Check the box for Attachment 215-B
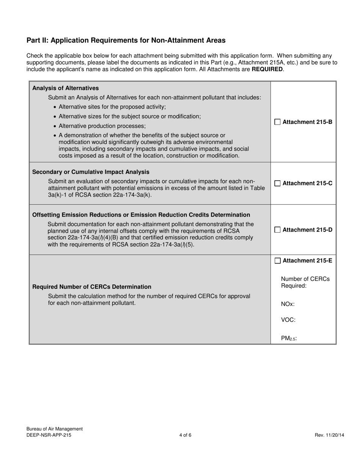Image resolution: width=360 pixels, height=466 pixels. tap(277, 122)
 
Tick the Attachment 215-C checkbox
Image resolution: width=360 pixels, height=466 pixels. tap(277, 183)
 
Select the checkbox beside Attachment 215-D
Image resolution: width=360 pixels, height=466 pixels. tap(277, 230)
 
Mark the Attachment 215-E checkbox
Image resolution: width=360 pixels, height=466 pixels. tap(277, 261)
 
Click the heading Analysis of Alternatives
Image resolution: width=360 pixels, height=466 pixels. tap(66, 88)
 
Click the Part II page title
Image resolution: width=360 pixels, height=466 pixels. tap(126, 40)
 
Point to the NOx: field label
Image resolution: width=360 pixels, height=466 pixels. tap(288, 304)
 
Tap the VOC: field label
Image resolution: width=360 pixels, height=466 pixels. tap(288, 319)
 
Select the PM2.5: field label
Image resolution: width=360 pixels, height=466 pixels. tap(289, 338)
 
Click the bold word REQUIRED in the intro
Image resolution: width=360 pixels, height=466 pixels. tap(267, 69)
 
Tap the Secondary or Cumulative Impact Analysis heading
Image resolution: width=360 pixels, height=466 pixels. tap(91, 172)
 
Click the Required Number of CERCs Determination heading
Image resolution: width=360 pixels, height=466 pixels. tap(92, 287)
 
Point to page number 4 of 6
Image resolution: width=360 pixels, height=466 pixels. tap(185, 435)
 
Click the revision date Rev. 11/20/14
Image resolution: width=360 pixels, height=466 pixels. tap(329, 435)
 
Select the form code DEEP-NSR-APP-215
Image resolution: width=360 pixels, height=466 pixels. tap(49, 435)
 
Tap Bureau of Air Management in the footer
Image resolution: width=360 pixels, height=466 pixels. tap(55, 429)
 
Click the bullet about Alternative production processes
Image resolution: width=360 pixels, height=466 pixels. tap(102, 126)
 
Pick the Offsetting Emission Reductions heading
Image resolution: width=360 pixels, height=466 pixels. tap(141, 215)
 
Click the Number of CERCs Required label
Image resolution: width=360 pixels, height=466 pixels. tap(305, 282)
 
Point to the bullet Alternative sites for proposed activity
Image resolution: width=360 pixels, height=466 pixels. tap(112, 107)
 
